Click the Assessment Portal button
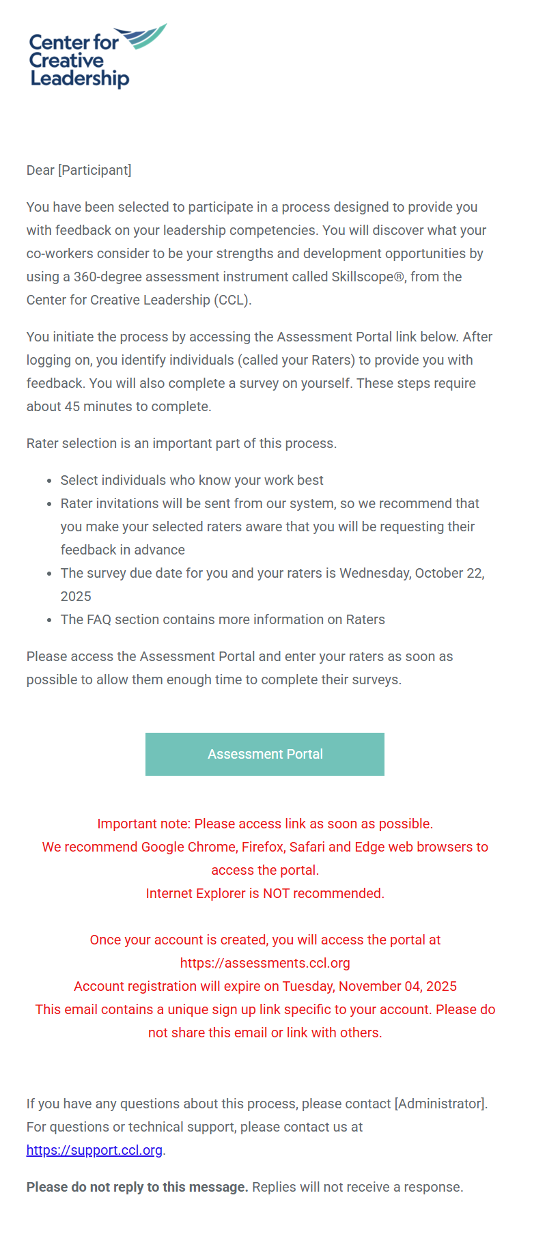[x=265, y=754]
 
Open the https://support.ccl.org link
[x=94, y=1150]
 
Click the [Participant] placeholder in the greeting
[x=95, y=170]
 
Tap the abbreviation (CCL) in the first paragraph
[x=232, y=300]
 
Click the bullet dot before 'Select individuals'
[x=49, y=481]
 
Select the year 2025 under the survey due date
[x=76, y=596]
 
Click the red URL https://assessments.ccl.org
[x=265, y=963]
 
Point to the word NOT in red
[x=277, y=893]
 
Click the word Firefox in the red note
[x=262, y=847]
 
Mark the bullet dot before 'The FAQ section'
[x=49, y=620]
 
